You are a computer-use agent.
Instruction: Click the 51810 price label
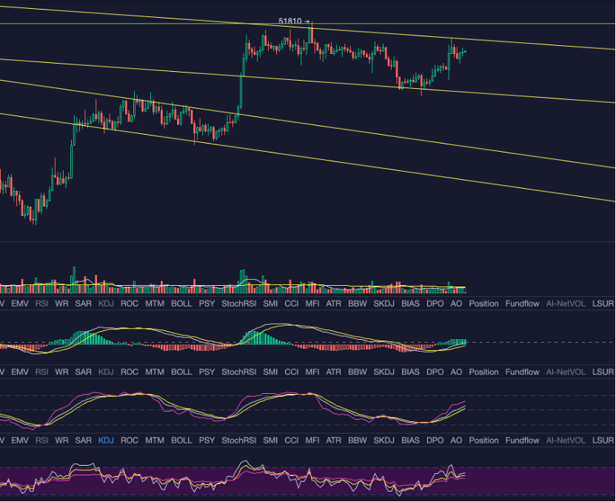(x=289, y=21)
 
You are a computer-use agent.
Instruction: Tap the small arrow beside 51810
(x=307, y=21)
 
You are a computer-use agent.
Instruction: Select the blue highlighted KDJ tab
(x=106, y=441)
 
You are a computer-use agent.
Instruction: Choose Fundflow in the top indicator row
(x=522, y=304)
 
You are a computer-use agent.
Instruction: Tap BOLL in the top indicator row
(x=181, y=304)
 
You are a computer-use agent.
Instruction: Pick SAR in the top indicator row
(x=84, y=304)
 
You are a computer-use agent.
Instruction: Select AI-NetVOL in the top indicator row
(x=565, y=304)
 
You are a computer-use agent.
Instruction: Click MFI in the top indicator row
(x=312, y=304)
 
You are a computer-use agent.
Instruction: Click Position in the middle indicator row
(x=483, y=372)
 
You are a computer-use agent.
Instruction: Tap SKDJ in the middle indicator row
(x=384, y=372)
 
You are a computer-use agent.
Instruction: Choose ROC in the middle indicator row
(x=130, y=372)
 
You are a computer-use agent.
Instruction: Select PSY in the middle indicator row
(x=207, y=372)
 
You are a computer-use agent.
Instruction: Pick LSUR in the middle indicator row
(x=603, y=372)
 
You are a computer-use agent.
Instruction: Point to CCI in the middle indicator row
(x=292, y=372)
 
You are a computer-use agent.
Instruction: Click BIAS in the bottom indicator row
(x=409, y=441)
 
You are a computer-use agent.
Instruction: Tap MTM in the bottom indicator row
(x=155, y=441)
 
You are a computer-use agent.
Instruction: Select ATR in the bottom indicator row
(x=334, y=441)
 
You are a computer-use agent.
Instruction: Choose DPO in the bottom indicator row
(x=435, y=441)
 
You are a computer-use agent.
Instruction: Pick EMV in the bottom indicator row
(x=20, y=441)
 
